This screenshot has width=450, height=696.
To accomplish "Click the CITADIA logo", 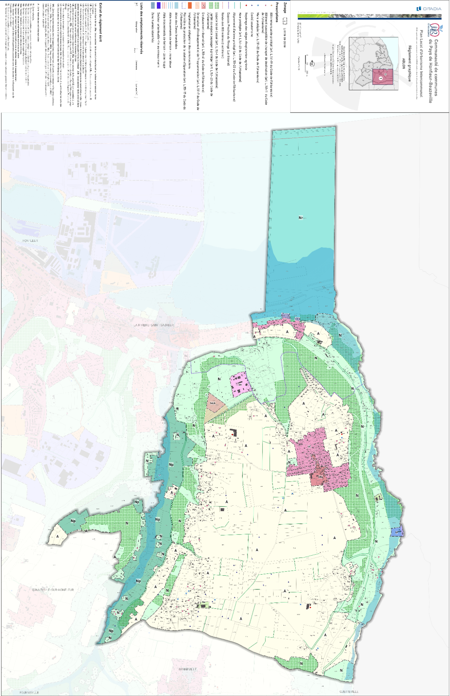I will coord(429,9).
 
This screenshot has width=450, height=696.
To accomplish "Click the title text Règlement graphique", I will coord(410,63).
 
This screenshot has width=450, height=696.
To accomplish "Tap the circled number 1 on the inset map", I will coord(380,78).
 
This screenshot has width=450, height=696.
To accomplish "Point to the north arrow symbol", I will coord(312,64).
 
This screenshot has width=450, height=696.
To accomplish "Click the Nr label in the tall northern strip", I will coord(302,218).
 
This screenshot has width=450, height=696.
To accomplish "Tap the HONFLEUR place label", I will coord(30,241).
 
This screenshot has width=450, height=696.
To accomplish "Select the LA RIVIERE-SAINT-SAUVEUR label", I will coord(154,325).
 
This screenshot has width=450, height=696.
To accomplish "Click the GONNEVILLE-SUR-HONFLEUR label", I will coord(53,590).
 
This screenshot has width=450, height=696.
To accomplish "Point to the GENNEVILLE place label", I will coord(188,669).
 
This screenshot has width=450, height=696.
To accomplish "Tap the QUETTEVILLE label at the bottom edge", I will coord(349,691).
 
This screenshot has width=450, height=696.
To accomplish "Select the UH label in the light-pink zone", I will coord(239,385).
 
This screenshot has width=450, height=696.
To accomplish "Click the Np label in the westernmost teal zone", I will coord(73,521).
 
